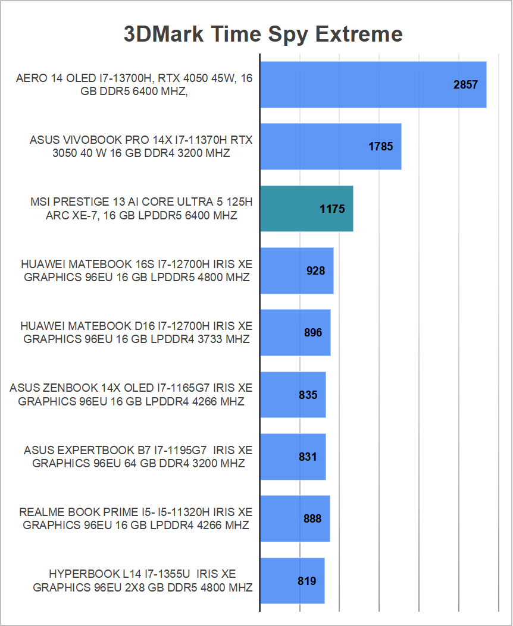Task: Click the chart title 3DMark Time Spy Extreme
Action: pyautogui.click(x=263, y=33)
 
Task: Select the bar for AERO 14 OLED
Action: pyautogui.click(x=373, y=84)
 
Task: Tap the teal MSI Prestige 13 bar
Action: pyautogui.click(x=306, y=209)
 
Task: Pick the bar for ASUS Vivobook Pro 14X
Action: pyautogui.click(x=330, y=146)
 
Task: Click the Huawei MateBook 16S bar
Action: pyautogui.click(x=296, y=270)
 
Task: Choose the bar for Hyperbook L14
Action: pyautogui.click(x=292, y=581)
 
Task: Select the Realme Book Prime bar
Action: pyautogui.click(x=295, y=518)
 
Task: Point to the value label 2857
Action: pyautogui.click(x=465, y=84)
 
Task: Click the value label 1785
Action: pyautogui.click(x=381, y=146)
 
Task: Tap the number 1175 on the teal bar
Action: pyautogui.click(x=332, y=209)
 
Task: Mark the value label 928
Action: pyautogui.click(x=315, y=270)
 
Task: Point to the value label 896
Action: pyautogui.click(x=312, y=332)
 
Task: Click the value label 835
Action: pyautogui.click(x=308, y=395)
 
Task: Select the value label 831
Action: pyautogui.click(x=308, y=457)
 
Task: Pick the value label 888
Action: pyautogui.click(x=312, y=518)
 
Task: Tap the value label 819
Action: pyautogui.click(x=307, y=581)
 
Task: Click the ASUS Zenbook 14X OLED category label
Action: pyautogui.click(x=131, y=395)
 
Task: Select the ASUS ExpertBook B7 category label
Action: pyautogui.click(x=138, y=457)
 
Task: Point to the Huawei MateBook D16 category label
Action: pyautogui.click(x=136, y=332)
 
